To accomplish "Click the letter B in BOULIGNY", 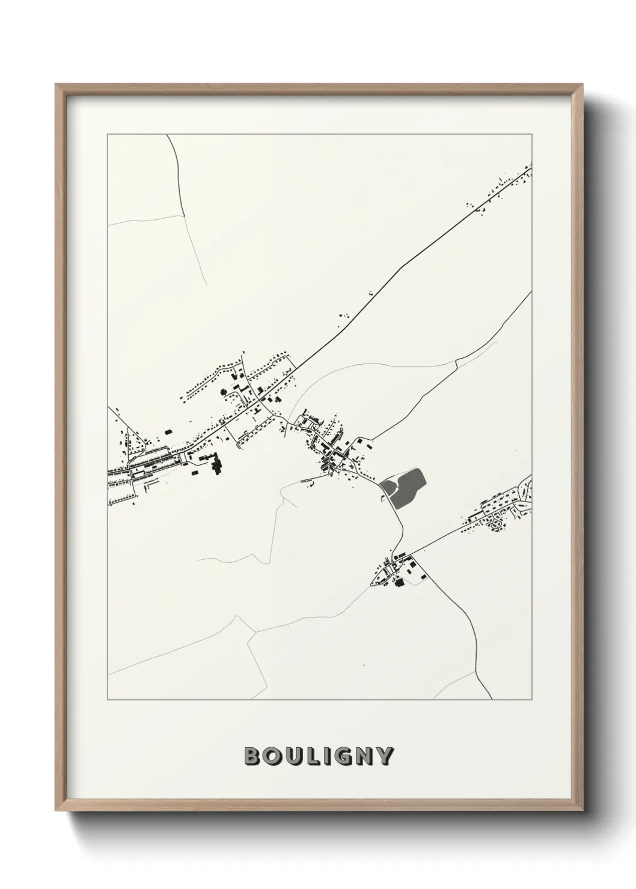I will (253, 756).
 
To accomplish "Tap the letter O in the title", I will (273, 756).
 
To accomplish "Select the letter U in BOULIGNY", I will (294, 756).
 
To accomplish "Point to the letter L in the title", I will (313, 756).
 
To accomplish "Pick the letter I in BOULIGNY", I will (326, 756).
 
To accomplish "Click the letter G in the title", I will (343, 756).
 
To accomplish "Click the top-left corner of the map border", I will (108, 135).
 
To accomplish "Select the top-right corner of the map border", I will (532, 135).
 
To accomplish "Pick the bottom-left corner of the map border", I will (108, 700).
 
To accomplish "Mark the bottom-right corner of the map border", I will (532, 700).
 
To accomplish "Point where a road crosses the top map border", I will (168, 135).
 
